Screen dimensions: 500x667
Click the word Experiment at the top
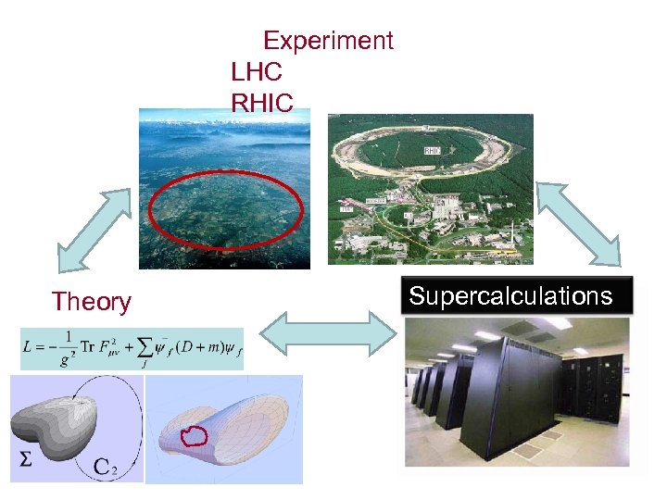tap(328, 41)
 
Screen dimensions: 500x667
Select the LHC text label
tap(257, 71)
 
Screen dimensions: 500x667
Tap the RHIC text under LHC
tap(262, 102)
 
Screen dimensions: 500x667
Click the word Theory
tap(91, 302)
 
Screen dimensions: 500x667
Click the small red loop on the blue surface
tap(195, 434)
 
